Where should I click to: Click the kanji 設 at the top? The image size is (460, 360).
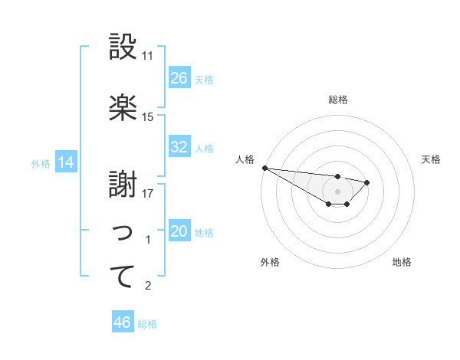[x=123, y=47]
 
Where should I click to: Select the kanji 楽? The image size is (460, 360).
[x=123, y=108]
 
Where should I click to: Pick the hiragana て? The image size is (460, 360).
[x=123, y=277]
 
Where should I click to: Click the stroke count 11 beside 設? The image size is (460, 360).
[x=148, y=56]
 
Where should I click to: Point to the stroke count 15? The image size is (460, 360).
[x=148, y=117]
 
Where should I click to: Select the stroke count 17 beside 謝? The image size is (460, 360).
[x=148, y=194]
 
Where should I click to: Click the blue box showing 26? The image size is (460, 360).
[x=179, y=78]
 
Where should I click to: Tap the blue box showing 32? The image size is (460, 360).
[x=179, y=147]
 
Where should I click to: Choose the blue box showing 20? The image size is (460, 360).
[x=179, y=231]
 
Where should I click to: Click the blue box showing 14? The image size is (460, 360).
[x=66, y=162]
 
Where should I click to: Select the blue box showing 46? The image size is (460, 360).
[x=123, y=322]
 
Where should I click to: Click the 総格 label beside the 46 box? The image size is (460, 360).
[x=147, y=324]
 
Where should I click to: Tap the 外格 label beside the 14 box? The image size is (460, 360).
[x=41, y=163]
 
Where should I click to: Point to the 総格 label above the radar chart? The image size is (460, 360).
[x=338, y=100]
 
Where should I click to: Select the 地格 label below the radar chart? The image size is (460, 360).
[x=402, y=262]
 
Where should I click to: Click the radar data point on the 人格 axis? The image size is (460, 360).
[x=264, y=168]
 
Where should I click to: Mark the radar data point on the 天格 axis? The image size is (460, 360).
[x=367, y=182]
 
